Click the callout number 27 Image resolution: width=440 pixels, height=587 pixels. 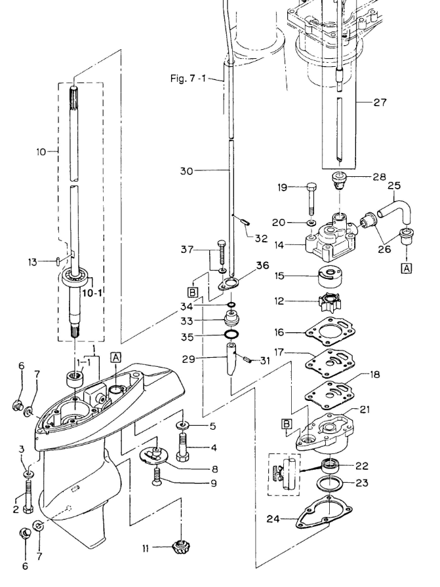(380, 102)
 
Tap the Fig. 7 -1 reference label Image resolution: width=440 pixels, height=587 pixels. (188, 78)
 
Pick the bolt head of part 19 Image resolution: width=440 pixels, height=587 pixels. (312, 187)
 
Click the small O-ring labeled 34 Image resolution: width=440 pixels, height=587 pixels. (231, 304)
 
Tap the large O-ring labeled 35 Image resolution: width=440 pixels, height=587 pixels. (232, 334)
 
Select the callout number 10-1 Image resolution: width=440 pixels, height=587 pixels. (92, 293)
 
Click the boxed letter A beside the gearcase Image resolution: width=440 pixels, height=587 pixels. (116, 358)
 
